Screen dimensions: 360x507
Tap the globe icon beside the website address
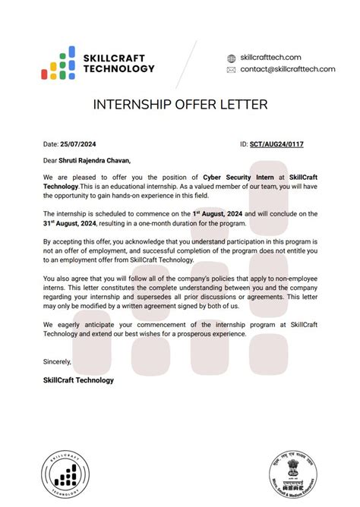[232, 58]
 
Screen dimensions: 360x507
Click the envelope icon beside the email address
[232, 69]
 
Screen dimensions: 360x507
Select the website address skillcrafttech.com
[270, 58]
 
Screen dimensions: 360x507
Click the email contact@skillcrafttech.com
[288, 69]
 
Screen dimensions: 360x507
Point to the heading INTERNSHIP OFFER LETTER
[179, 103]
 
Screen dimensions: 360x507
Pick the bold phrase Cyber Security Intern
[238, 177]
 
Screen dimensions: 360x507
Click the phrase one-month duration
[206, 225]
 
